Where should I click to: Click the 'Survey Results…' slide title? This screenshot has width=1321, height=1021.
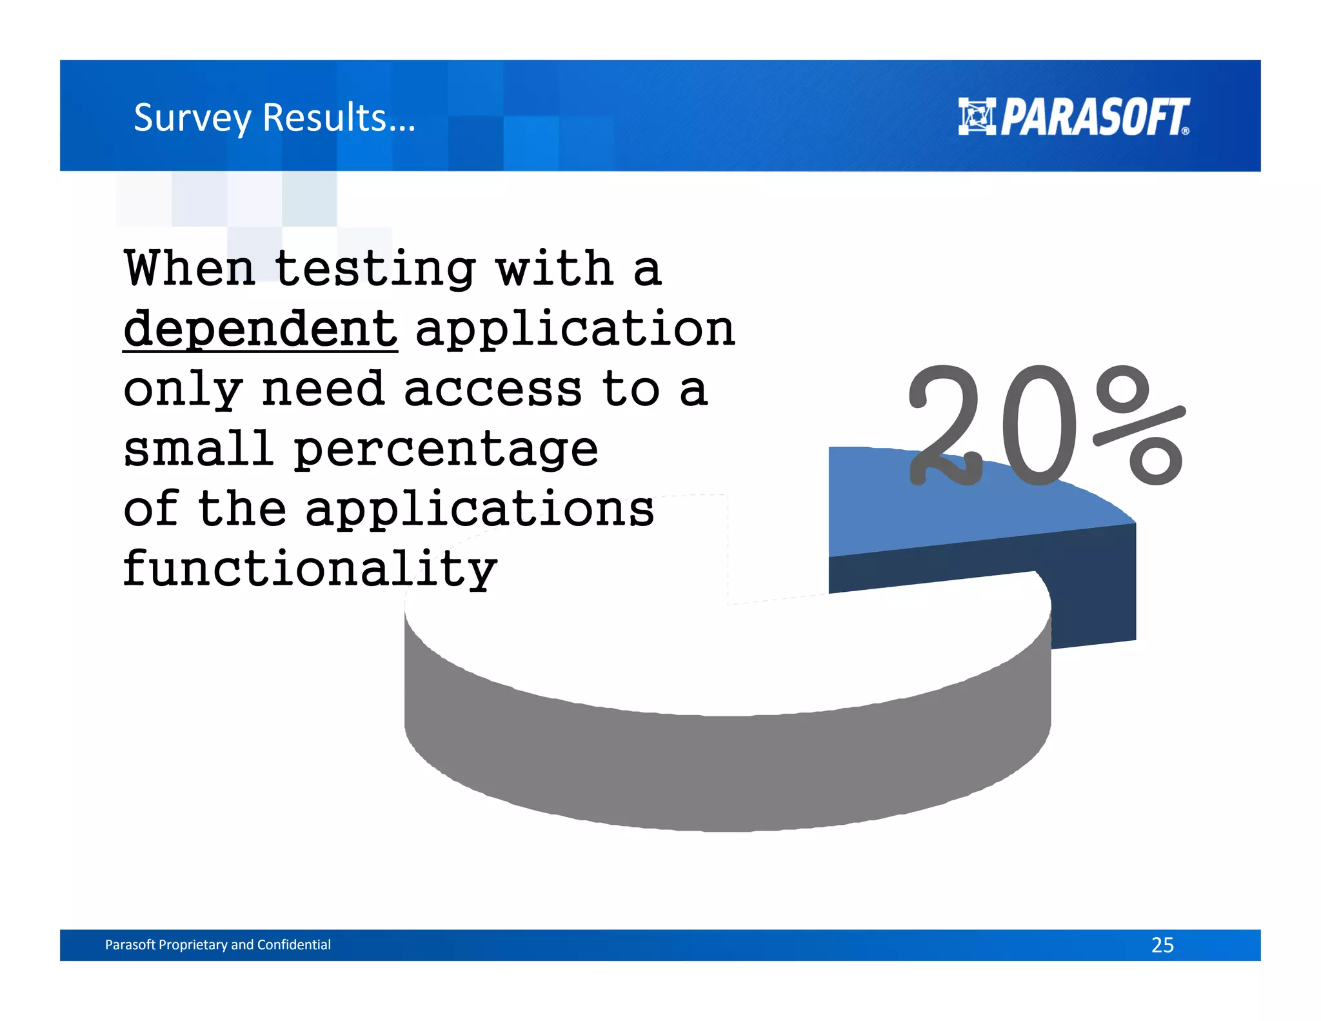pos(275,118)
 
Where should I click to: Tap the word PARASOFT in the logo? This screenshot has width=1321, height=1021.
pos(1094,117)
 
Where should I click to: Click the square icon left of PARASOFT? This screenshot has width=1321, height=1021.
pos(977,117)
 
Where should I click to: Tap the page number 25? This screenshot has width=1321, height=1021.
pos(1162,945)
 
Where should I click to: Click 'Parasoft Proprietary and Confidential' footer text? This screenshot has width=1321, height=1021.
pos(218,945)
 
